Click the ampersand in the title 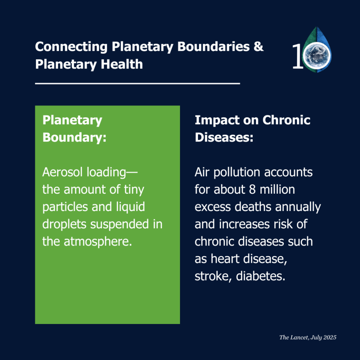258,46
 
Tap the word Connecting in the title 71,47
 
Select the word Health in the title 122,64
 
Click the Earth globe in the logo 316,55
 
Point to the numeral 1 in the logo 298,56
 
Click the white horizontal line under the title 138,84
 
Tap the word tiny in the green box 134,190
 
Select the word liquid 130,207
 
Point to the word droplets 64,225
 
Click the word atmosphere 98,242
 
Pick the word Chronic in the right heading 286,120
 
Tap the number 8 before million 252,190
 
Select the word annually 298,207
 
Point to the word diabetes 261,276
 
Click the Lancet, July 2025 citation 308,338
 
